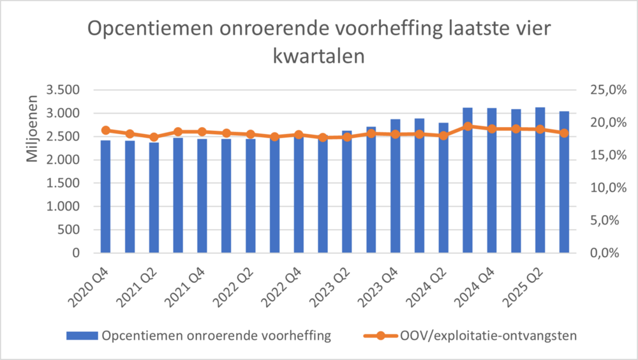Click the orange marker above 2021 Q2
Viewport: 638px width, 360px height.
coord(154,137)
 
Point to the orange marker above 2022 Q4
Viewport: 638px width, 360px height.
coord(299,135)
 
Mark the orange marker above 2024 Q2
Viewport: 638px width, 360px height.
coord(444,135)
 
